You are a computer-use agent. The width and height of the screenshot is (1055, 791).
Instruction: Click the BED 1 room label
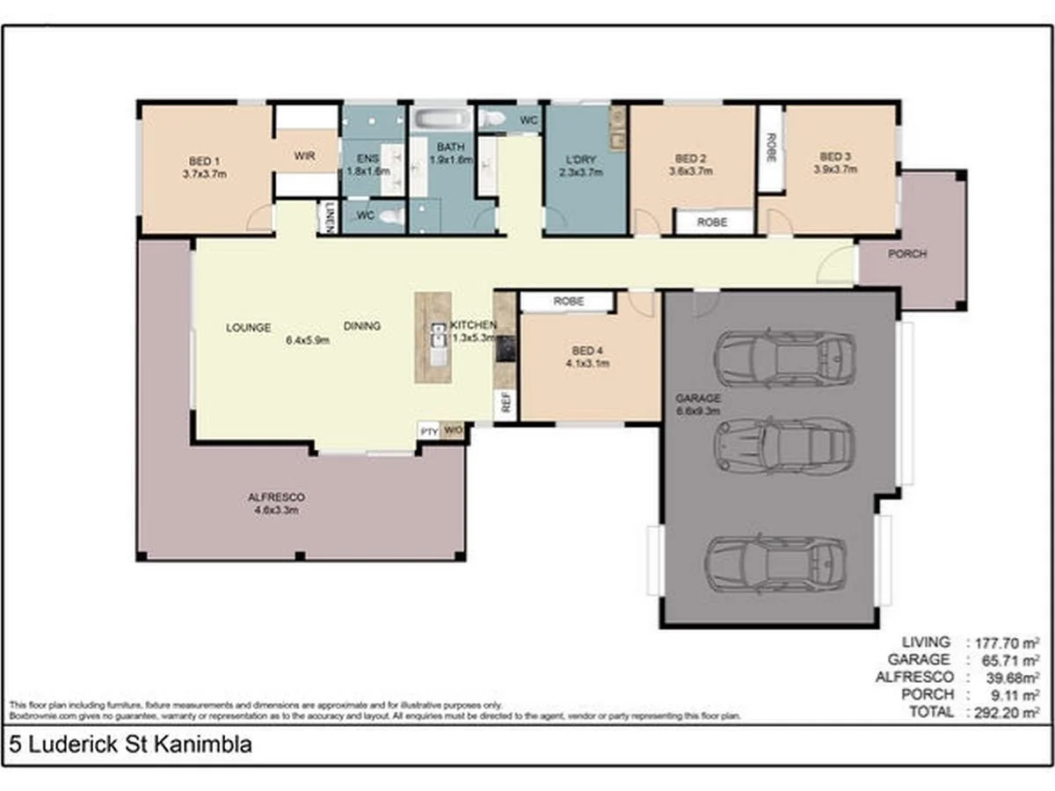(205, 161)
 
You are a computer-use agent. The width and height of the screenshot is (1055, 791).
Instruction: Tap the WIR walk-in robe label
(304, 156)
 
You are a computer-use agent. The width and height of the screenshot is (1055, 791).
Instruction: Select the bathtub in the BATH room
(443, 119)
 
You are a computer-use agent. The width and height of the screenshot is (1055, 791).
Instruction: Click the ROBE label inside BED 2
(712, 222)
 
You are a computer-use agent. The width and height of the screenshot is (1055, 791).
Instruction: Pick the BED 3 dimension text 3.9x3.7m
(834, 171)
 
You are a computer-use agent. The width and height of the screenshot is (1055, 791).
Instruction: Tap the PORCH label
(906, 255)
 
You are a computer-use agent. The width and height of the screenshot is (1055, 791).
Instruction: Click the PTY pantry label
(429, 431)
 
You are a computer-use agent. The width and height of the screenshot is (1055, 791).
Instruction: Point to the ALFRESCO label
(276, 497)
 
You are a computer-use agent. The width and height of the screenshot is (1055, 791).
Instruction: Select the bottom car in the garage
(776, 563)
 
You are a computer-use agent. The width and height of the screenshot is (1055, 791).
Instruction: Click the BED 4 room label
(589, 350)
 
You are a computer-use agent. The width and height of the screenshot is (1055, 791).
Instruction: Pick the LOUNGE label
(248, 327)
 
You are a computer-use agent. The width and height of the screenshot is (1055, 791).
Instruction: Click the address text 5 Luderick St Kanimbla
(130, 745)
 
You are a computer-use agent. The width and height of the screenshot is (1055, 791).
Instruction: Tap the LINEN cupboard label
(329, 218)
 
